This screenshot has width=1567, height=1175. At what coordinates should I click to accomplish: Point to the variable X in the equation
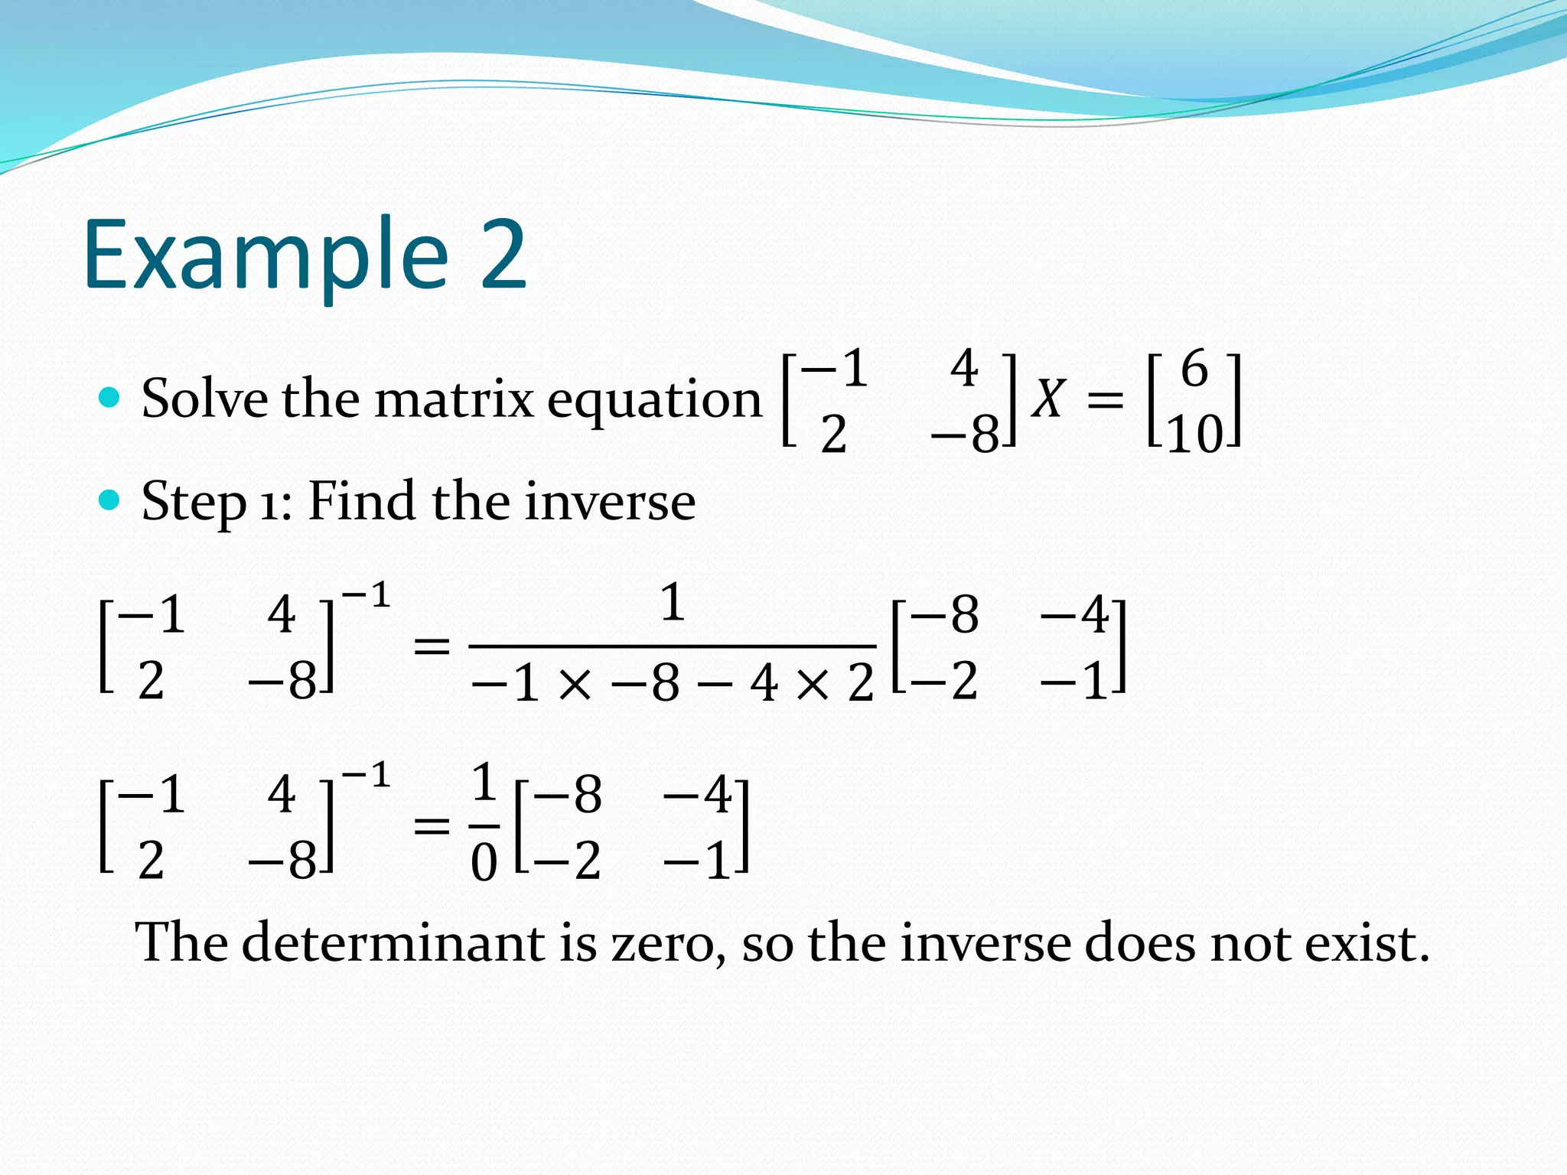click(x=1047, y=399)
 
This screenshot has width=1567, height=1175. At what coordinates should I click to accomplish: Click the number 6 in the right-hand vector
click(x=1194, y=369)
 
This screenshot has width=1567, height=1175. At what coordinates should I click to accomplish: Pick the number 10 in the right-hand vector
click(x=1194, y=435)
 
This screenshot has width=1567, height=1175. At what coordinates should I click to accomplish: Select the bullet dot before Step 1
click(x=110, y=500)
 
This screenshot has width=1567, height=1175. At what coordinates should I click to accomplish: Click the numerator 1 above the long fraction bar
click(x=672, y=602)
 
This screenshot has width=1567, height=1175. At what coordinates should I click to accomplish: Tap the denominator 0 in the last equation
click(x=484, y=863)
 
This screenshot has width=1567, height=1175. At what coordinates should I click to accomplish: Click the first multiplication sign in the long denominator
click(x=575, y=684)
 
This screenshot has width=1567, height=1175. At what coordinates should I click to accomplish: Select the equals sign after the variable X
click(x=1105, y=399)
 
